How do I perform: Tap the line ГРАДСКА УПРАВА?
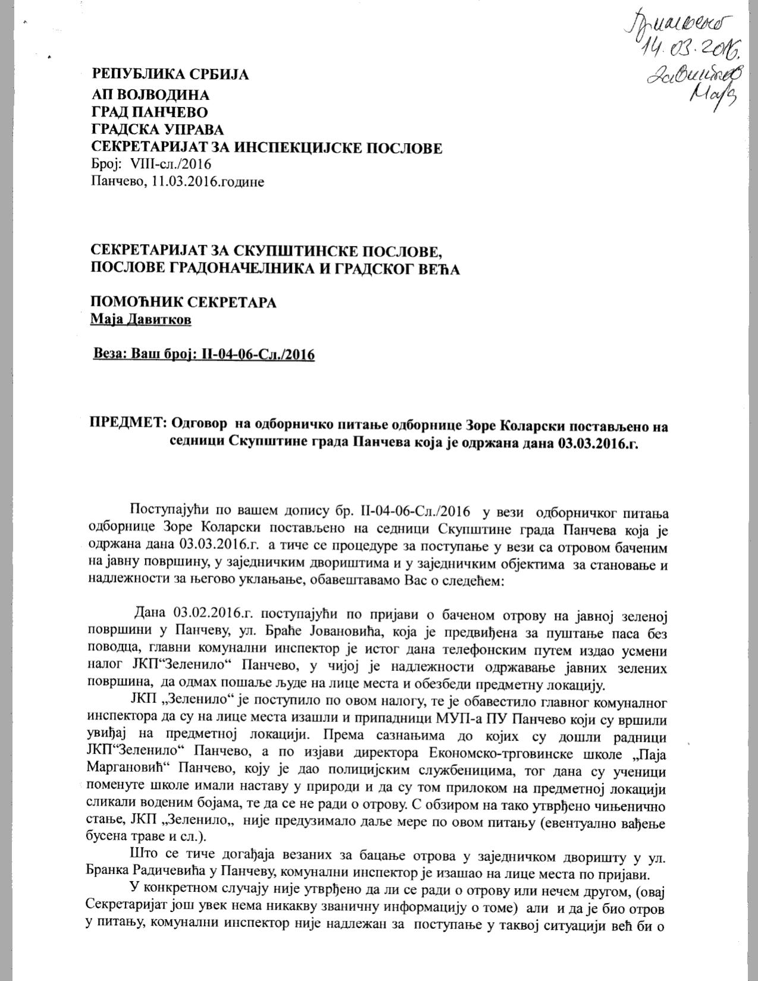[x=157, y=130]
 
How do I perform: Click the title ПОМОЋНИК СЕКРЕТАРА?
[x=183, y=302]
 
